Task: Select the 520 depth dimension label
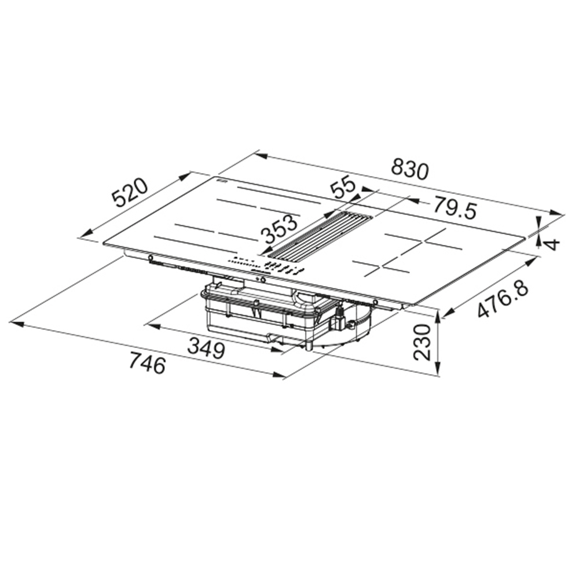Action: (x=130, y=193)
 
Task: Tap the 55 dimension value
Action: (x=343, y=188)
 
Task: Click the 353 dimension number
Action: (x=279, y=230)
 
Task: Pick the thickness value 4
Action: (x=551, y=244)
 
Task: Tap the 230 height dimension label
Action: (x=423, y=342)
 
